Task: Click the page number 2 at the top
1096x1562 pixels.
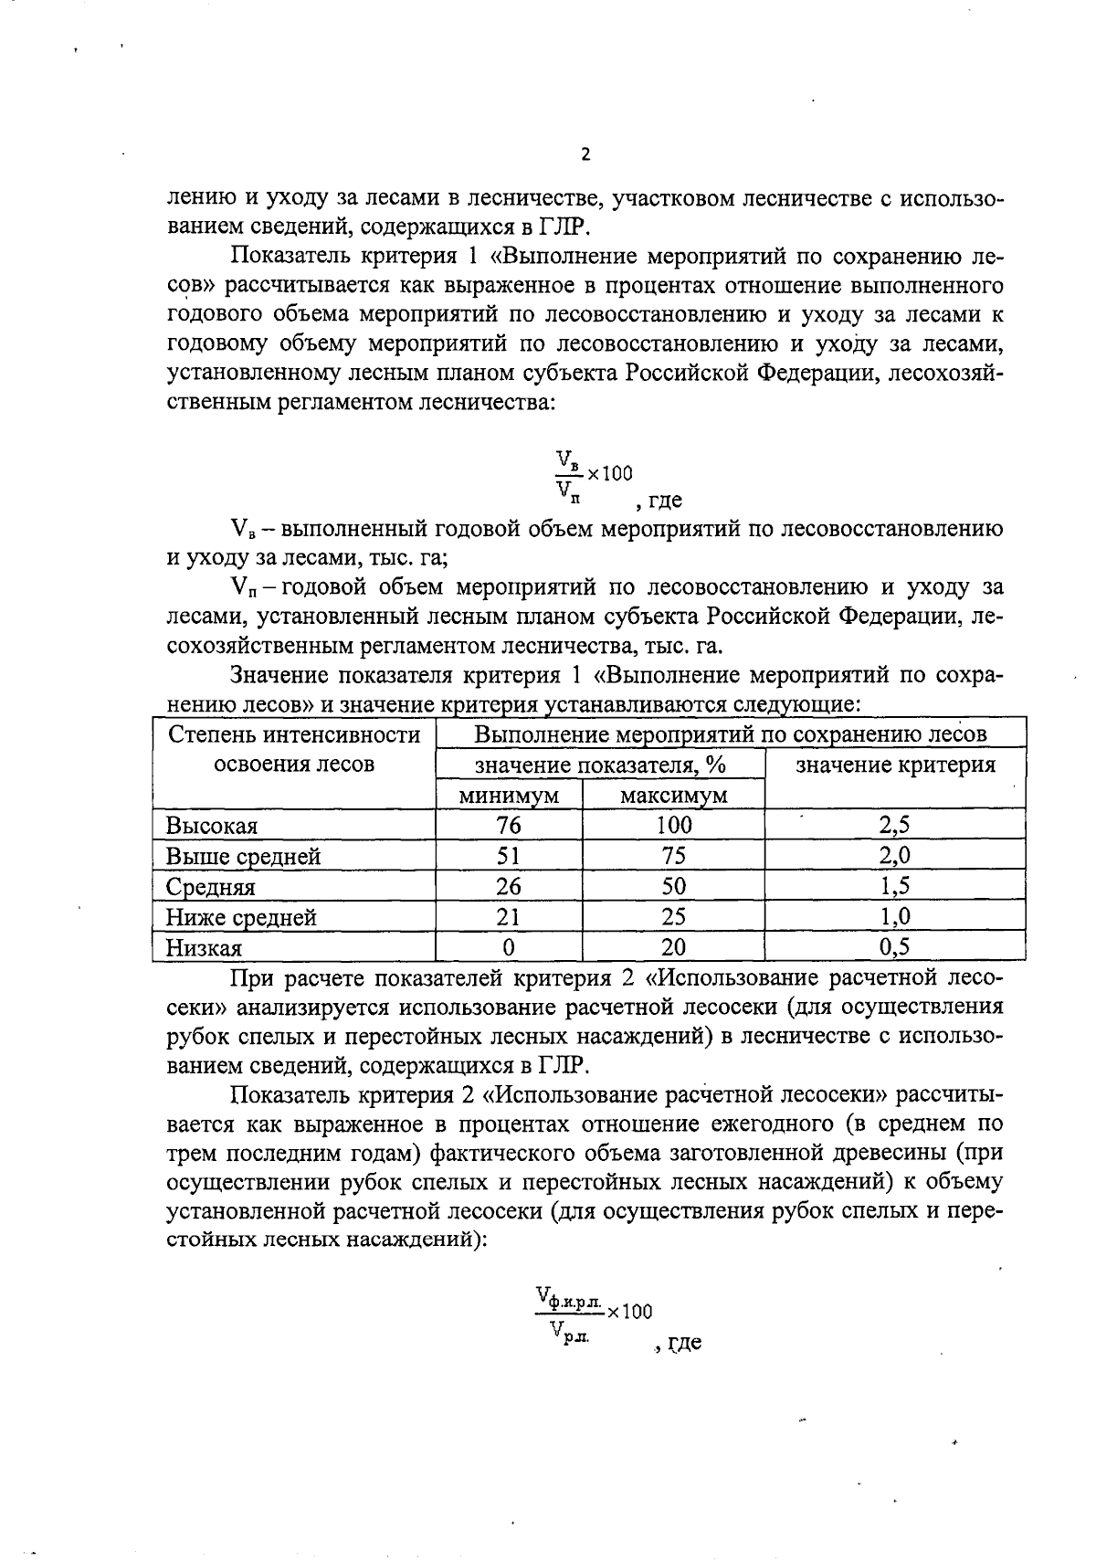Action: (585, 154)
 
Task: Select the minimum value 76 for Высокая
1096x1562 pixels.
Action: (509, 826)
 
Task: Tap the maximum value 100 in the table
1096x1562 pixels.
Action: (673, 826)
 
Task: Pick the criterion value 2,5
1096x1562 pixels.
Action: (894, 826)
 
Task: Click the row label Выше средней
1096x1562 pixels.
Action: (243, 857)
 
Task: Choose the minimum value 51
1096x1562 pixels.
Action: (509, 857)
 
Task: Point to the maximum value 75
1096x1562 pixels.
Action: (673, 857)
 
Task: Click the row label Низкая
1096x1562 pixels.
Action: (204, 948)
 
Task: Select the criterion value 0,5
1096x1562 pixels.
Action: (894, 947)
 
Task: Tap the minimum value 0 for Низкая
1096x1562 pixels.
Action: (509, 948)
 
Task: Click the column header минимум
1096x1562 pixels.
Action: (509, 796)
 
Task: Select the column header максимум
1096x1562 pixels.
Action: (673, 796)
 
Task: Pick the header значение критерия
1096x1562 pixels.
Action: (895, 765)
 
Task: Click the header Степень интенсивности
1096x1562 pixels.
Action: (294, 735)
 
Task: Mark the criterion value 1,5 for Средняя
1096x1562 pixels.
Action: (894, 887)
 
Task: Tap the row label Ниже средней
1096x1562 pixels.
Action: (241, 917)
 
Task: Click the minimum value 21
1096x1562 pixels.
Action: (509, 917)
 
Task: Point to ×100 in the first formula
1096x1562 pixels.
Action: (609, 473)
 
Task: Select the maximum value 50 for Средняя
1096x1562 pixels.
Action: (673, 887)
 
